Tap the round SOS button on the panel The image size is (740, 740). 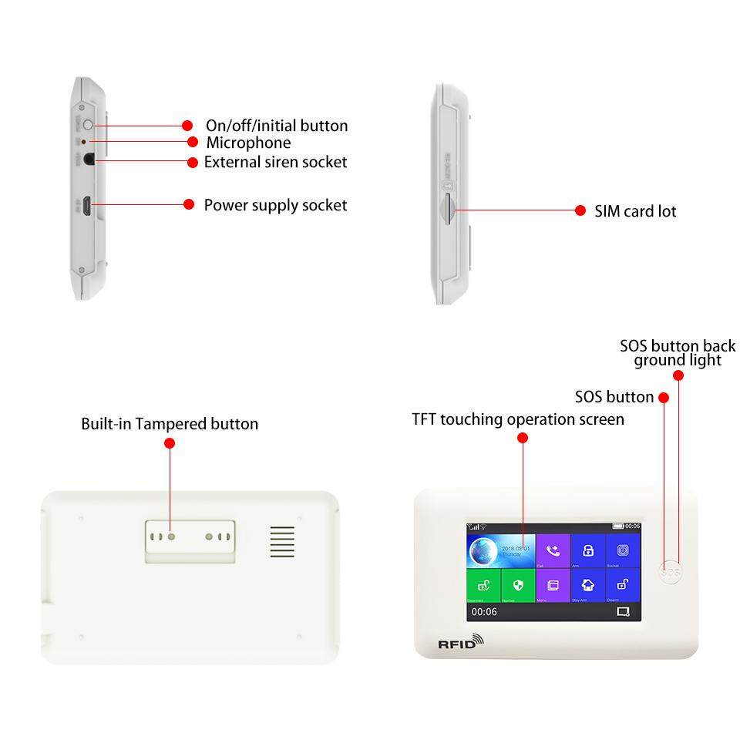tap(671, 573)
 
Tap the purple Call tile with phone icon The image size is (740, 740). tap(553, 551)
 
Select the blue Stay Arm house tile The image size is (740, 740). tap(587, 585)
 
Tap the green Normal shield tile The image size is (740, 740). tap(518, 585)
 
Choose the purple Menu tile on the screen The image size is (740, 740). tap(553, 585)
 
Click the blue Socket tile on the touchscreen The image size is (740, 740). tap(623, 551)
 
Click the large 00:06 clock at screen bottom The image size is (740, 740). tap(484, 611)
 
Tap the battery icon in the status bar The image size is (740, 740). tap(618, 526)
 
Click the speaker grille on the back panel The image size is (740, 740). tap(282, 542)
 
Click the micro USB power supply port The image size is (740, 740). tap(89, 206)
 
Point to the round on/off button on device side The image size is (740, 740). tap(87, 125)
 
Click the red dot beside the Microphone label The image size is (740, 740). tap(193, 143)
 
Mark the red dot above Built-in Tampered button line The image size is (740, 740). tap(170, 443)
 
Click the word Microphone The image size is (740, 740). tap(248, 143)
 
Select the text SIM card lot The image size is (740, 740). tap(635, 211)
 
